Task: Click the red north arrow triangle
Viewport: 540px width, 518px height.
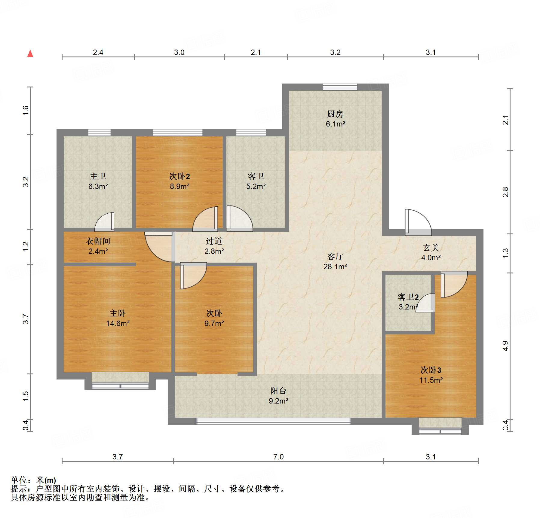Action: [30, 53]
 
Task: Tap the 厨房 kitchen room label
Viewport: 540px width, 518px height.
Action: [335, 114]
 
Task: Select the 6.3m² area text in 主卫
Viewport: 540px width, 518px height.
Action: [98, 186]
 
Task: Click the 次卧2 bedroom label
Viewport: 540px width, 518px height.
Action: [179, 176]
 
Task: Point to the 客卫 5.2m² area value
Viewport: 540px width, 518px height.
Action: [256, 186]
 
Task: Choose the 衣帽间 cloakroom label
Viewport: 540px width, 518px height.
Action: [98, 241]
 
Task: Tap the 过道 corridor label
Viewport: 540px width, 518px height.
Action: [214, 241]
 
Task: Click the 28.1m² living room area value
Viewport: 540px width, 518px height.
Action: [335, 267]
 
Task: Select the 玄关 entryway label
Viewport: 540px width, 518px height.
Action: [431, 248]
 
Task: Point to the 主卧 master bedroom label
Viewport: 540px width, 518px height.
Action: [118, 313]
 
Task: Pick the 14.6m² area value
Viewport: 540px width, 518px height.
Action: [118, 323]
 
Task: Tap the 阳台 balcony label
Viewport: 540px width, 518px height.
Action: [278, 391]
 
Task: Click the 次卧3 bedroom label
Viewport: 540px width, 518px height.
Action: [431, 370]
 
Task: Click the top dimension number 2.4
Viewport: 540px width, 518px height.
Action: [98, 52]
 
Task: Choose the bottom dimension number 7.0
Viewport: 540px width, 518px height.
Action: [278, 457]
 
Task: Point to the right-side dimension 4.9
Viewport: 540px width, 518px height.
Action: [506, 346]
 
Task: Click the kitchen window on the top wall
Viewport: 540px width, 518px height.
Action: [340, 87]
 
